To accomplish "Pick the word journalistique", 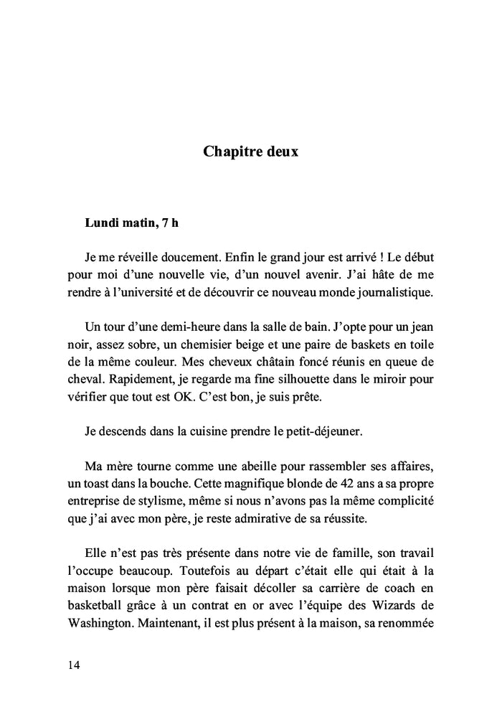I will point(393,291).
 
